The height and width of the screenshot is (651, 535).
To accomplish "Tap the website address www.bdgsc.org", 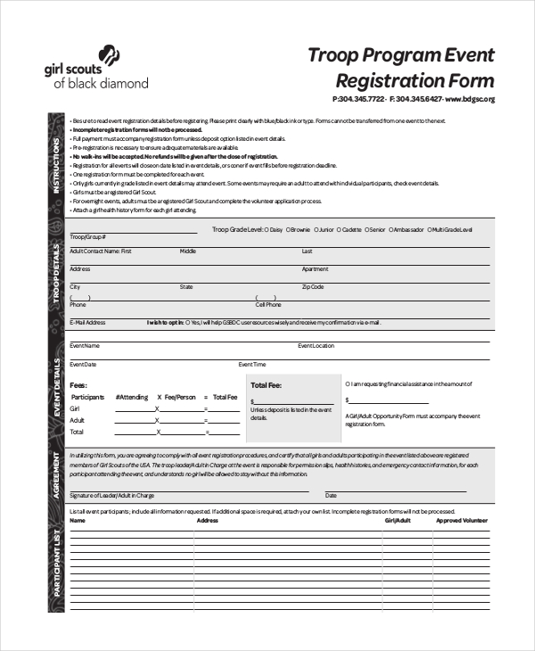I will (469, 99).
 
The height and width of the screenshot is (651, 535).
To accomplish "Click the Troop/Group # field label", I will (87, 237).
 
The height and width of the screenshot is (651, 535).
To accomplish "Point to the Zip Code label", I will (312, 287).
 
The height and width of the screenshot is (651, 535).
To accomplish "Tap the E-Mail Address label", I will (87, 322).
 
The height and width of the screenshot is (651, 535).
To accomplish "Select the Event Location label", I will (316, 345).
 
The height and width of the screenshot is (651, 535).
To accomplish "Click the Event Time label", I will (251, 365).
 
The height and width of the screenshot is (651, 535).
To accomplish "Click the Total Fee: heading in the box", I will (266, 385).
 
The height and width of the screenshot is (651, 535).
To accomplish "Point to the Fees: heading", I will (78, 384).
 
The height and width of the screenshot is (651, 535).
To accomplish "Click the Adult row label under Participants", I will (78, 420).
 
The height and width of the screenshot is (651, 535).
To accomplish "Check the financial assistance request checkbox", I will (347, 384).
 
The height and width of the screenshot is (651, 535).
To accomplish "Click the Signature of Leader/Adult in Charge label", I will (111, 495).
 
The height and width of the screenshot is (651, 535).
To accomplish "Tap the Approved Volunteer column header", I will (462, 520).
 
